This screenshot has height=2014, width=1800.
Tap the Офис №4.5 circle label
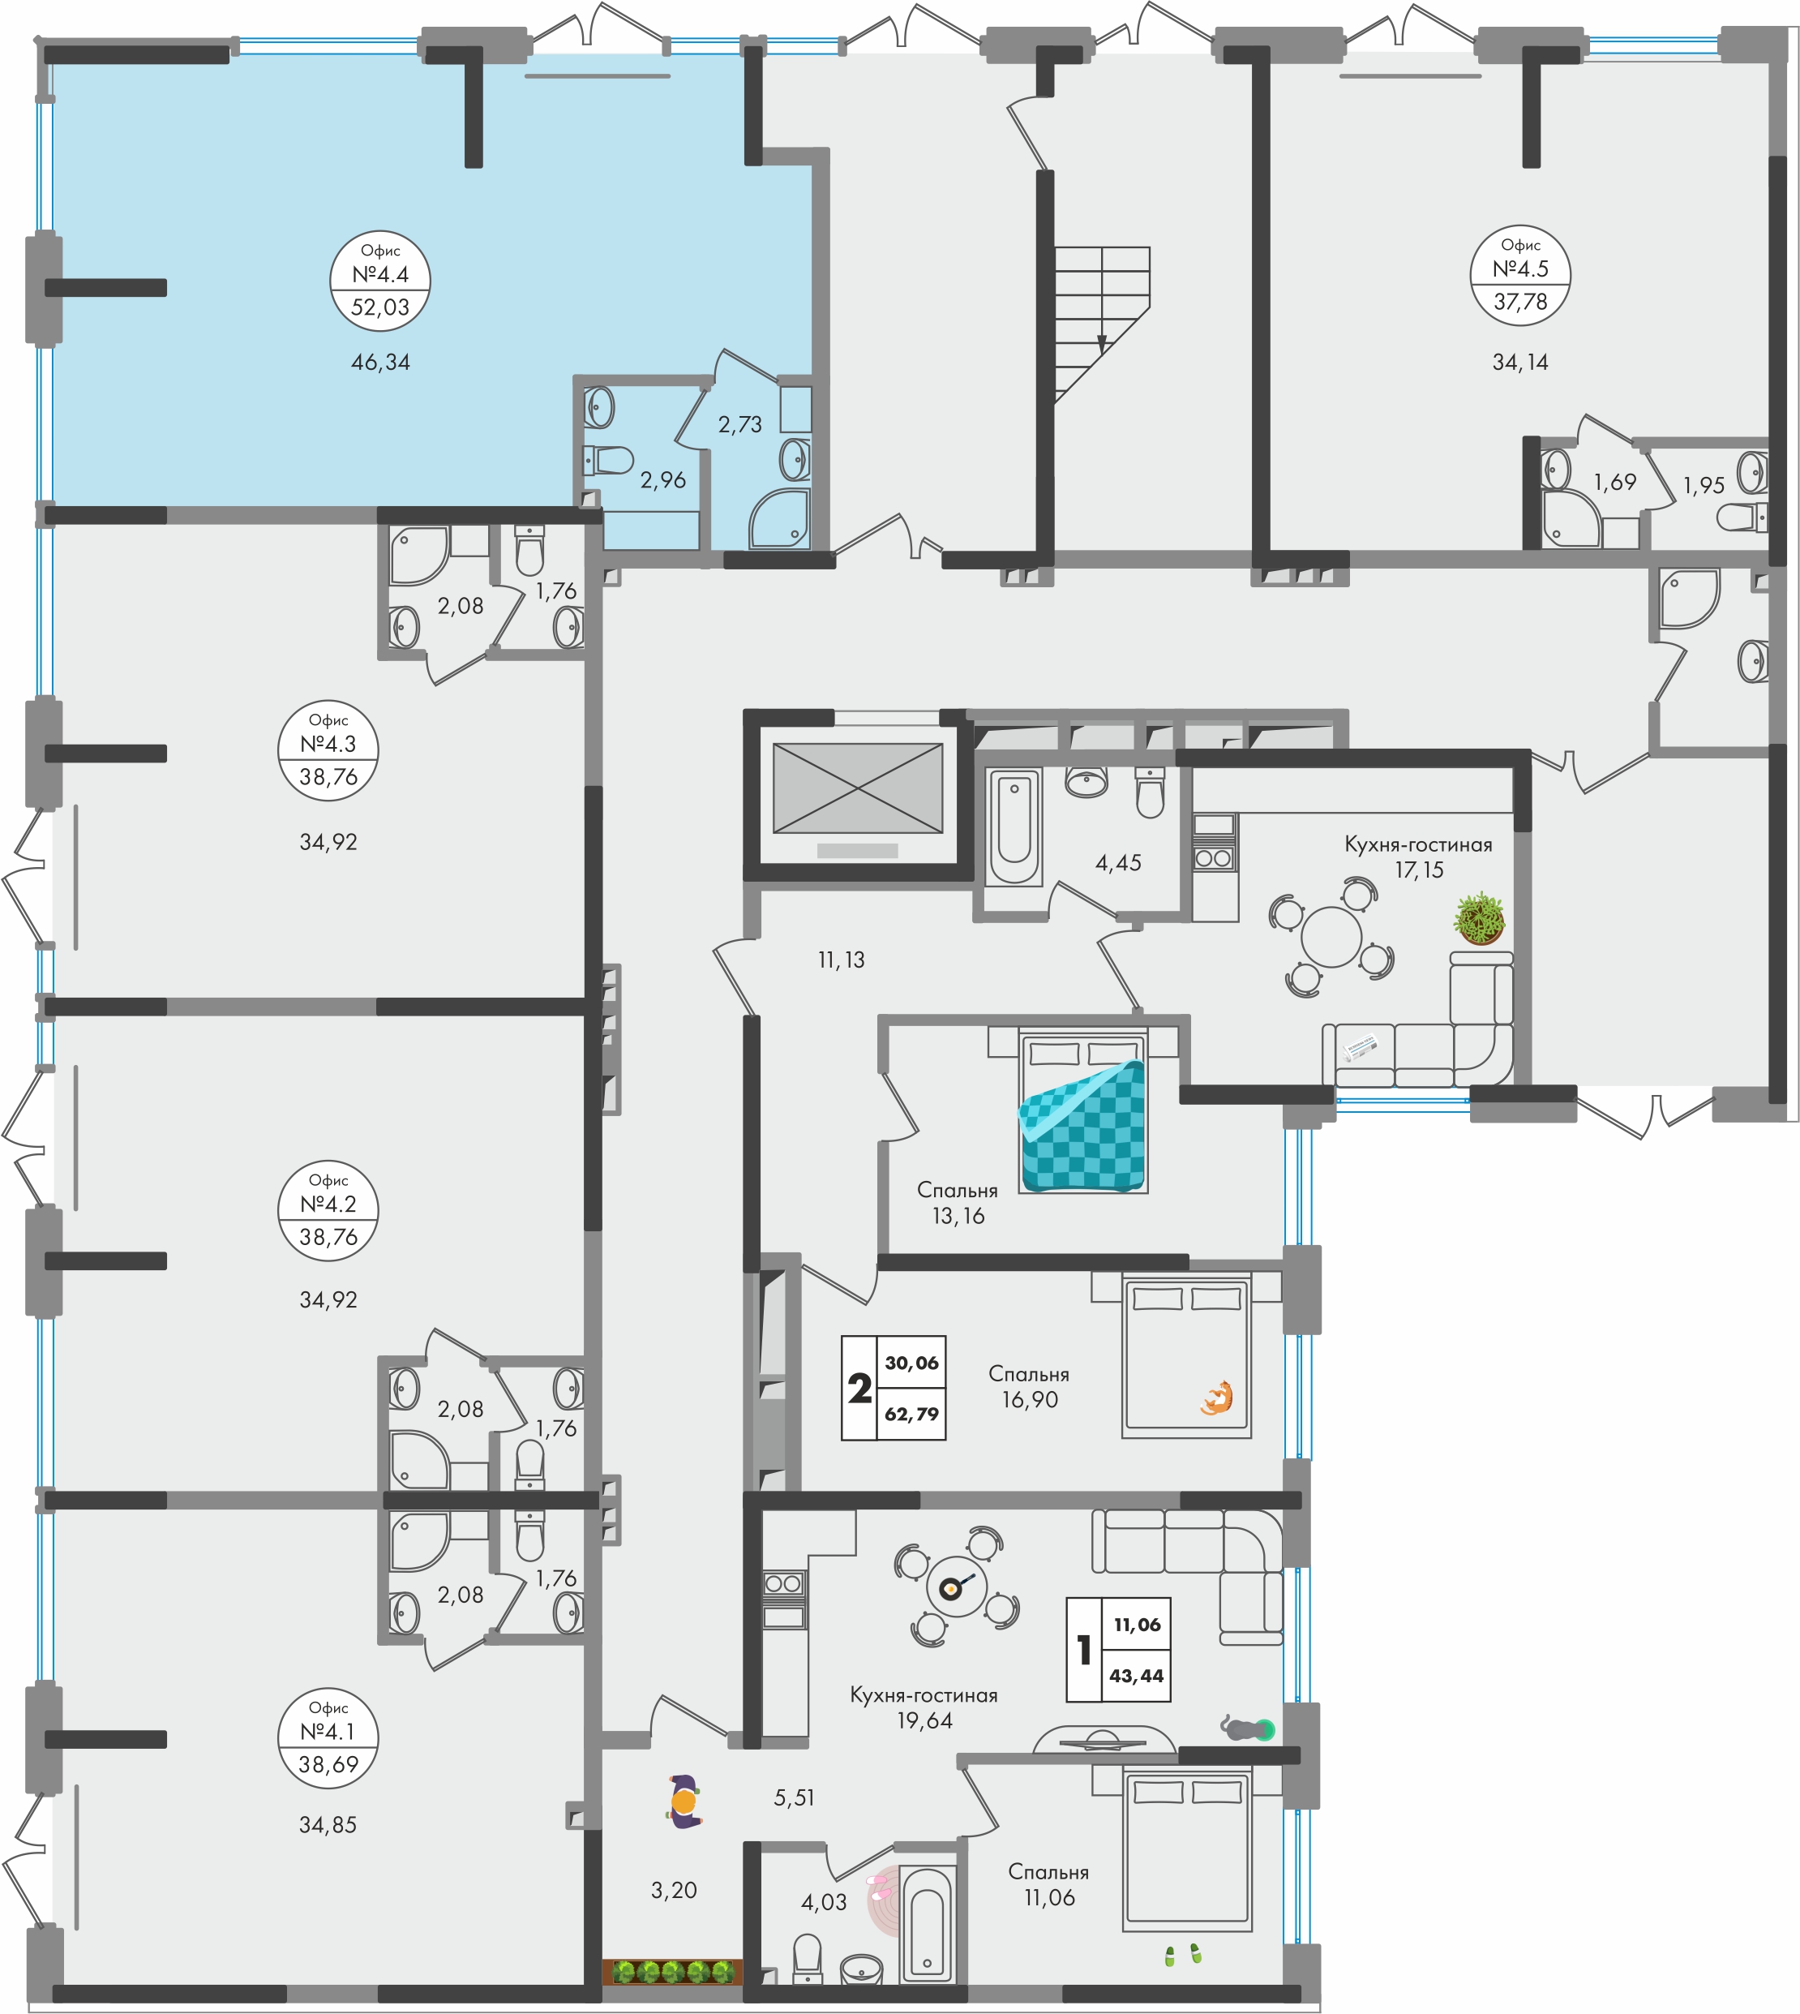click(1520, 275)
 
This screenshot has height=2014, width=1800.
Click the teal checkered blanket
click(1083, 1126)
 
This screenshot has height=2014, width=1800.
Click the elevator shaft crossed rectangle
click(858, 788)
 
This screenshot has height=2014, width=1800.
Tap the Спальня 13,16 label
click(958, 1203)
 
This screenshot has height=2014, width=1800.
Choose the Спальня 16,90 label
click(1030, 1387)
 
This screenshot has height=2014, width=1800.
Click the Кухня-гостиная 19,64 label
click(924, 1707)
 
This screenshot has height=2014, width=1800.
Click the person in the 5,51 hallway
click(684, 1801)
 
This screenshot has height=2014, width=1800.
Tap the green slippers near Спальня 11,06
click(1182, 1955)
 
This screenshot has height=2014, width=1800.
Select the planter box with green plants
click(672, 1972)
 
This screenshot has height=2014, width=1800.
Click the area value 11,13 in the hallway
click(842, 960)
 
